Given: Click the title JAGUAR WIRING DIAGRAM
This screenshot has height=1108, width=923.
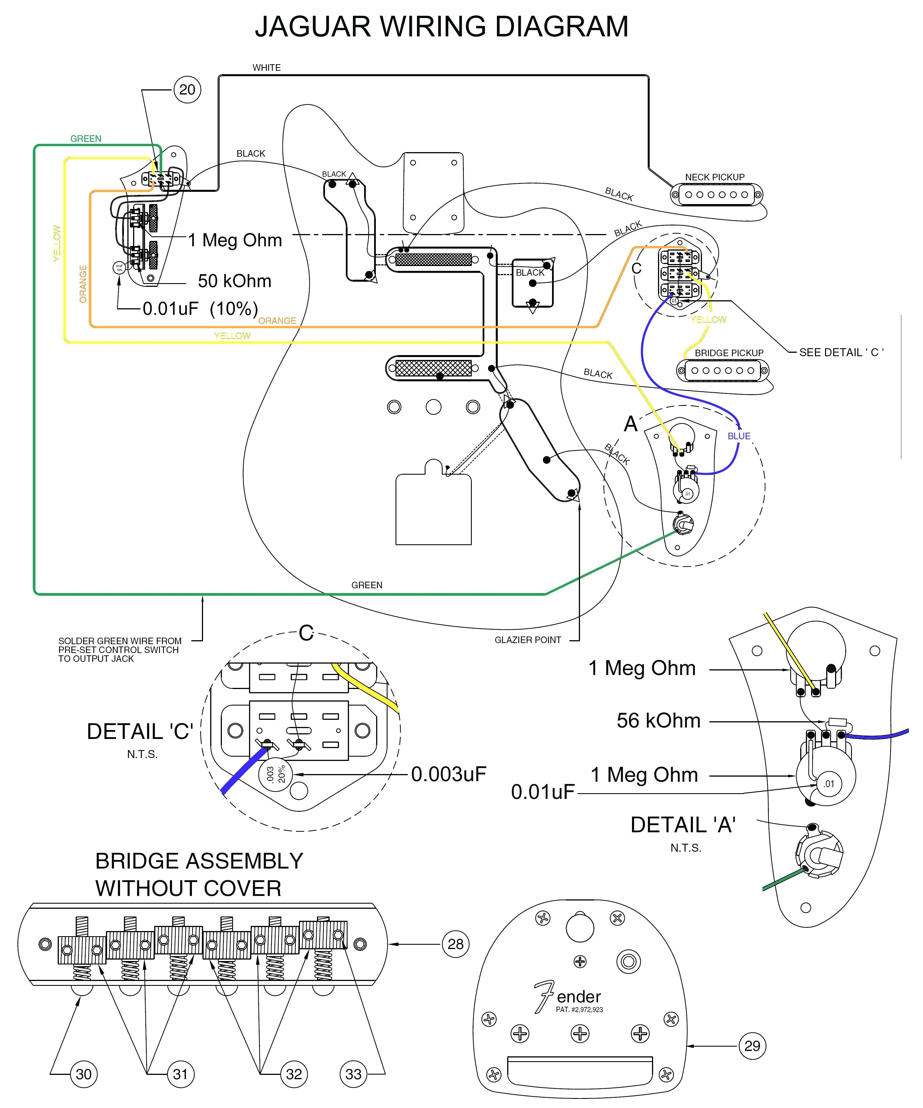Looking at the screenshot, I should (442, 26).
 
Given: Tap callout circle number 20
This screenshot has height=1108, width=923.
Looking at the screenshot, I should (187, 90).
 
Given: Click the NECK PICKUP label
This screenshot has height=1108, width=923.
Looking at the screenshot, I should (715, 177).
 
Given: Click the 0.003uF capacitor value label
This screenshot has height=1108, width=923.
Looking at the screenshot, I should (448, 774).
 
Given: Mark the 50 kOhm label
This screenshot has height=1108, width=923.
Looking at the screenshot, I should (234, 281).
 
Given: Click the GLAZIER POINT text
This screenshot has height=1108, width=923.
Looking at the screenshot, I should (527, 640).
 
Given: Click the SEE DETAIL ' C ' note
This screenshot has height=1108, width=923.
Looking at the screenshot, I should (841, 352).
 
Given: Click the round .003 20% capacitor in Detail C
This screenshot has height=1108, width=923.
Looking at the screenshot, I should (274, 775).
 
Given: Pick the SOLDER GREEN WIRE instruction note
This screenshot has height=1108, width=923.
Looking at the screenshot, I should (120, 650).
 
